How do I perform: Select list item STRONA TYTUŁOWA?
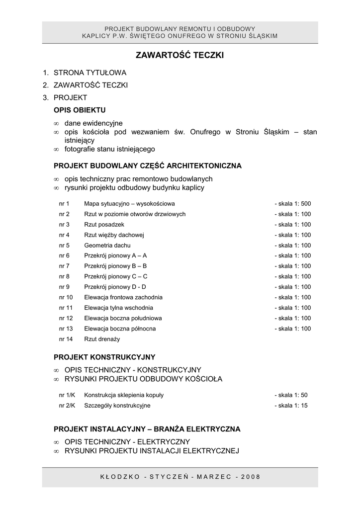tap(90, 73)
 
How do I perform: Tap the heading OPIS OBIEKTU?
tap(80, 109)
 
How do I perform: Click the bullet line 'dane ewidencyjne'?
tap(93, 123)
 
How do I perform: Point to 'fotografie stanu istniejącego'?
tap(110, 149)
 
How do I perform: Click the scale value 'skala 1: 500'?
tap(294, 204)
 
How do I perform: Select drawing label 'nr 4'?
tap(64, 235)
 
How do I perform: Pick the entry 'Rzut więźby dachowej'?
tap(114, 235)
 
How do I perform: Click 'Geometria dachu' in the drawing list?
tap(107, 246)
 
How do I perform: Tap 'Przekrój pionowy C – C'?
tap(116, 276)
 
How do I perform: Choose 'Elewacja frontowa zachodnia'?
tap(123, 297)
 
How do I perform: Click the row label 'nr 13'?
tap(66, 329)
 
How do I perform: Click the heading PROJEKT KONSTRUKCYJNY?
tap(104, 357)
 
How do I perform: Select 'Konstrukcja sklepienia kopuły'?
tap(124, 395)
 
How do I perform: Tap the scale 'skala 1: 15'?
tap(292, 406)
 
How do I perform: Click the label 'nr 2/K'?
tap(67, 406)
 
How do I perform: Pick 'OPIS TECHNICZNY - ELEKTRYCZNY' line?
tap(127, 441)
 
